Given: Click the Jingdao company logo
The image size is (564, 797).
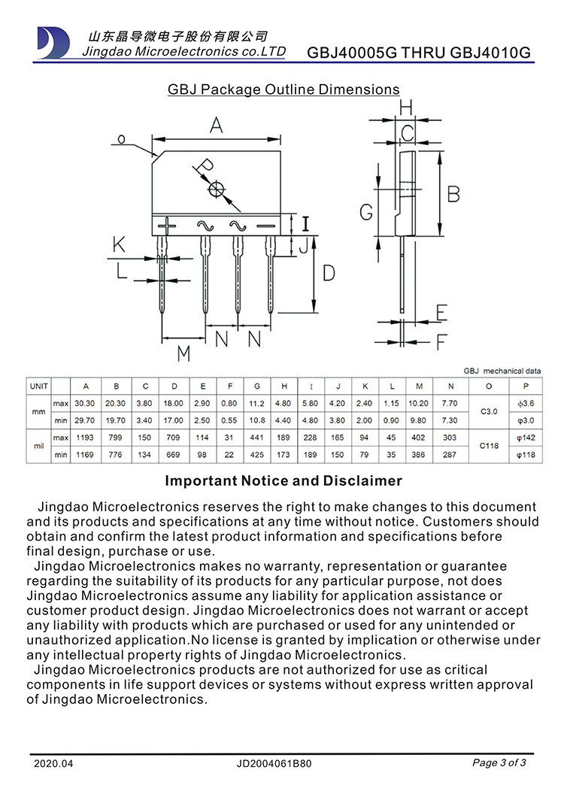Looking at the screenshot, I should coord(52,42).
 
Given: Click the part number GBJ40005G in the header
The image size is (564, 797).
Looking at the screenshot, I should coord(353,53).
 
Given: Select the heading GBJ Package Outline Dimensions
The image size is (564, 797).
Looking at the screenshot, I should coord(284,89).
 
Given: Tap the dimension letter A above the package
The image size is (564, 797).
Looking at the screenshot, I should coord(217,126).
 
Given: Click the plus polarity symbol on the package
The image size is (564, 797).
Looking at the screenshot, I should coord(168,226).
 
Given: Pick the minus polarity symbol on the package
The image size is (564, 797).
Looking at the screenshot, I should coord(266,226).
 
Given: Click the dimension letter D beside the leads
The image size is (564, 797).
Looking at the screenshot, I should coord(329,273).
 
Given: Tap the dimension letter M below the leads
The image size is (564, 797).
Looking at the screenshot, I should coord(183,353).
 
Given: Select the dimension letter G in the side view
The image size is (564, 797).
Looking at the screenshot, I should coord(366,213).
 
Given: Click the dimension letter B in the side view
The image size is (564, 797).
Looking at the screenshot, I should coord(453,194).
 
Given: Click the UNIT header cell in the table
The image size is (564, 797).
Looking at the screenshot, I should coord(38,386).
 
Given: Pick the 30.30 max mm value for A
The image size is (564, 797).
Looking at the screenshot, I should coord(84,404).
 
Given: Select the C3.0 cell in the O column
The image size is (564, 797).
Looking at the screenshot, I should coord(489,411).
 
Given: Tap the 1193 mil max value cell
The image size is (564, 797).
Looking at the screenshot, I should coord(84,438).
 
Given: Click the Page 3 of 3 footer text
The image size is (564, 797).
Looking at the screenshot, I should coord(499,763).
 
